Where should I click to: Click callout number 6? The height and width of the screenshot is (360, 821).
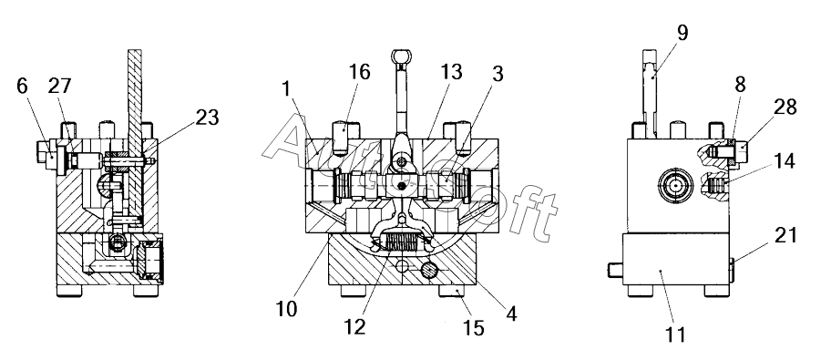(x=22, y=86)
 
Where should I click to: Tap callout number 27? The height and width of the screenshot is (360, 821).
(x=59, y=86)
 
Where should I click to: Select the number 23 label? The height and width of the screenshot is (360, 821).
(x=207, y=118)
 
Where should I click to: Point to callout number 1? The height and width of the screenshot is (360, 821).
(x=286, y=89)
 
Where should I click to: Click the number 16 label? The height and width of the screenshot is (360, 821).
(x=358, y=72)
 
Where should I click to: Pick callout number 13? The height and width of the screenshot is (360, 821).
(x=450, y=72)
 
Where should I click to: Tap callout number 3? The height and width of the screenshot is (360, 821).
(x=498, y=74)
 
